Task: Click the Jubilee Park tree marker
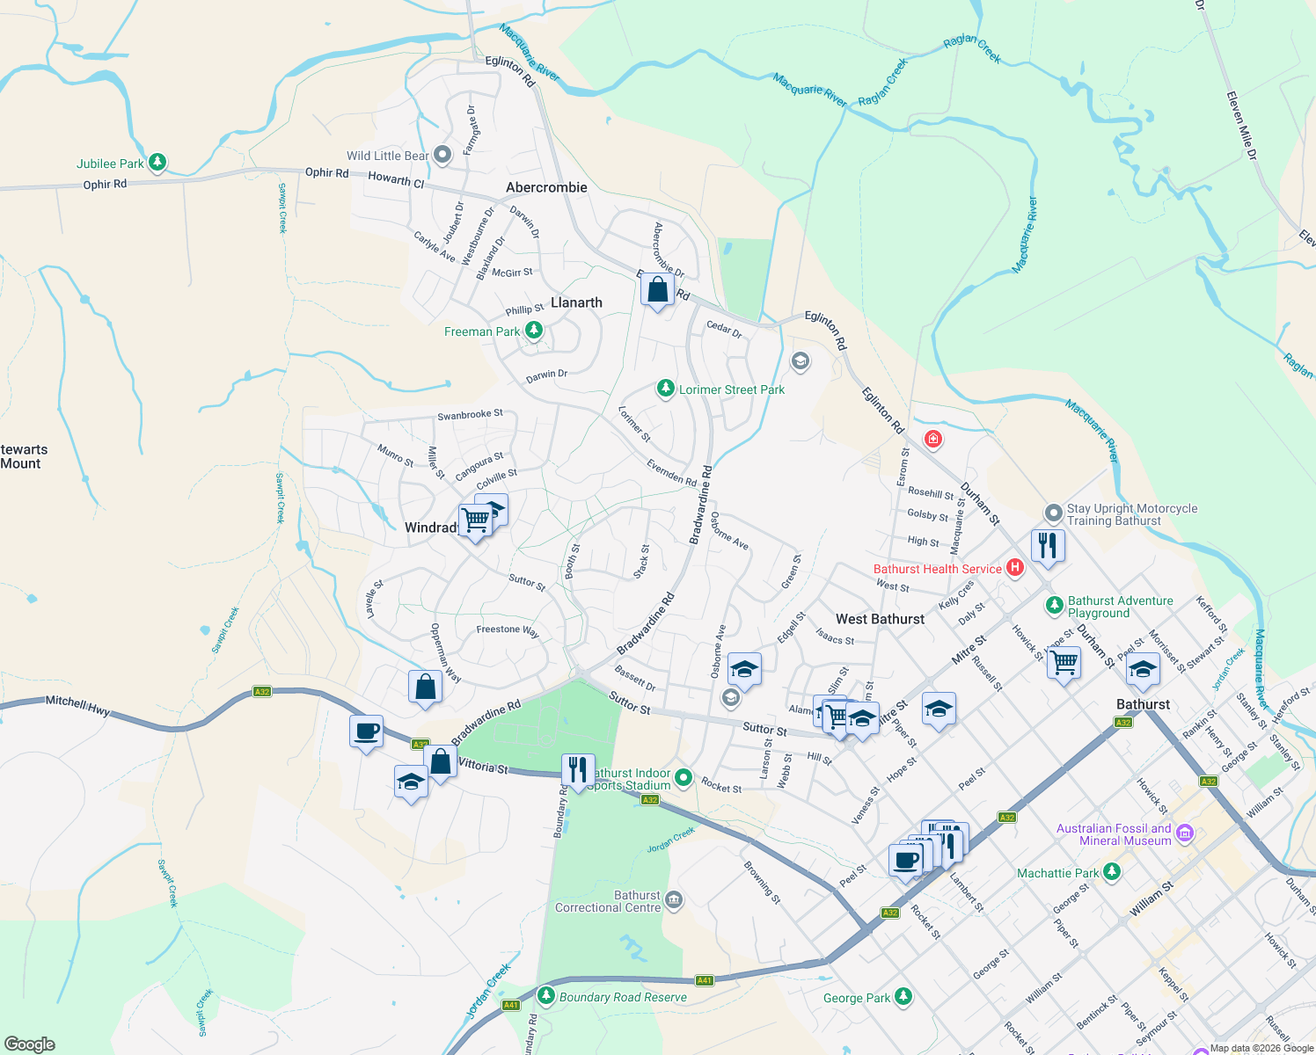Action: click(157, 162)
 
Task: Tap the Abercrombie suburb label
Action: click(546, 187)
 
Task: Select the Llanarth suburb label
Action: click(576, 302)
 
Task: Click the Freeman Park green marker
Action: click(533, 331)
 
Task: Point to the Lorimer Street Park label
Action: click(731, 389)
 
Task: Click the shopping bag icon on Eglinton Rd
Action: click(658, 289)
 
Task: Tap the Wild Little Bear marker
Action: click(442, 156)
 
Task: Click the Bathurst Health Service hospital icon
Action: click(1014, 568)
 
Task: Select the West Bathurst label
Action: click(880, 619)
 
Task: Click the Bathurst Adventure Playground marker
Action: click(1054, 606)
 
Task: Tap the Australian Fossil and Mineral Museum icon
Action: click(1184, 833)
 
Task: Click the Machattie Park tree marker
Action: click(1112, 872)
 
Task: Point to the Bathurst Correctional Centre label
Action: click(608, 901)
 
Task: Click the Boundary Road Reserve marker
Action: click(546, 996)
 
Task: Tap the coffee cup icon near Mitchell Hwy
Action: click(366, 731)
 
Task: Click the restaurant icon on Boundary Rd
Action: click(577, 770)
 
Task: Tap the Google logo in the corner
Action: click(30, 1044)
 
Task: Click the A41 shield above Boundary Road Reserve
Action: click(704, 979)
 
